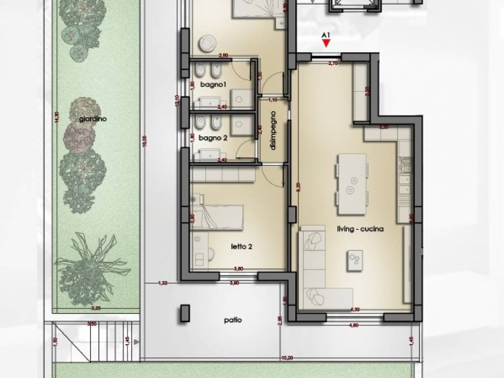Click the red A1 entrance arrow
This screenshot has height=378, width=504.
pyautogui.click(x=325, y=44)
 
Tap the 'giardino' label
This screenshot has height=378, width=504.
pyautogui.click(x=93, y=119)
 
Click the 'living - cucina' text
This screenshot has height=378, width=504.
pyautogui.click(x=360, y=229)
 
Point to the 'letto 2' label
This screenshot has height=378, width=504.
pyautogui.click(x=242, y=247)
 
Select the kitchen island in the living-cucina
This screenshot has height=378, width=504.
pyautogui.click(x=351, y=185)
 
